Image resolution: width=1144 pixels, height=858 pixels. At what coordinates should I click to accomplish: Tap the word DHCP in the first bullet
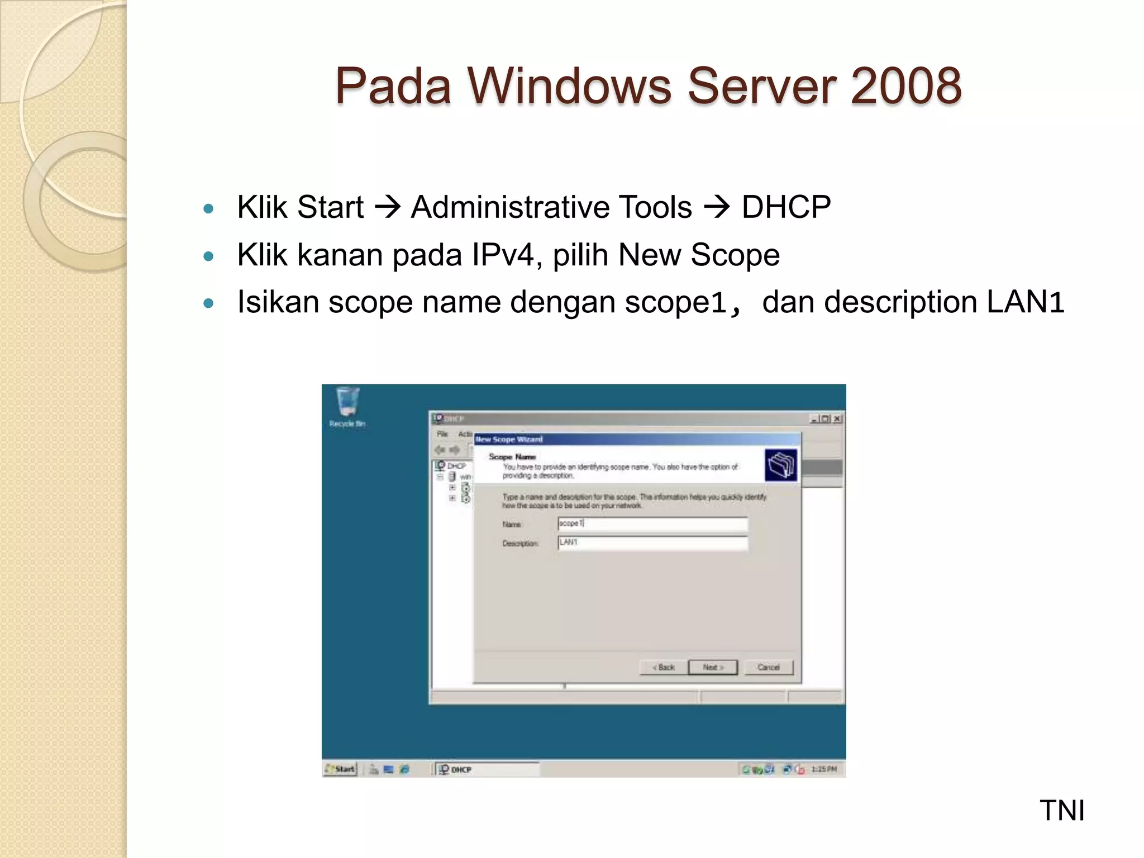786,207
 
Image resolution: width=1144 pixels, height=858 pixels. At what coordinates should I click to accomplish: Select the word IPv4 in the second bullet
502,255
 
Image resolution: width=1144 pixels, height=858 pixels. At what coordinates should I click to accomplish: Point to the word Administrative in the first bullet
551,207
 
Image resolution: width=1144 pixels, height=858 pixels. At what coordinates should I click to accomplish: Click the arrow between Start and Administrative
387,207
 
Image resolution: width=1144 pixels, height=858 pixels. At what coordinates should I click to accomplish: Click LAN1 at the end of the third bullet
1025,302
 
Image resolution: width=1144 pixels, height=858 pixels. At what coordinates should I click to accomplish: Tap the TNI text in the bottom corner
1061,811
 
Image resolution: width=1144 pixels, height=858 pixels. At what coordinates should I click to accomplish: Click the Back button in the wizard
664,667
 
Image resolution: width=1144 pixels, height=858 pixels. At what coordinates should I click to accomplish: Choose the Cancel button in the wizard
769,667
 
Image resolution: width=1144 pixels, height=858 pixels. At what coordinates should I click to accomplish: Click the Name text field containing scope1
652,523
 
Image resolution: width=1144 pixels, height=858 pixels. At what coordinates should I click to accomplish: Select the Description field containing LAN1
652,542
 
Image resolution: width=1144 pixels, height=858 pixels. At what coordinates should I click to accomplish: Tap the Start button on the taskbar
340,769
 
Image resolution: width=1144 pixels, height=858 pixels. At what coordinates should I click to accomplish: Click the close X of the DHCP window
837,418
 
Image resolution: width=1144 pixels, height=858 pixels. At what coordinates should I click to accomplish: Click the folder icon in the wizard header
781,465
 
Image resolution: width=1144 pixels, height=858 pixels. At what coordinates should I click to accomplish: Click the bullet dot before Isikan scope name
209,304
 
